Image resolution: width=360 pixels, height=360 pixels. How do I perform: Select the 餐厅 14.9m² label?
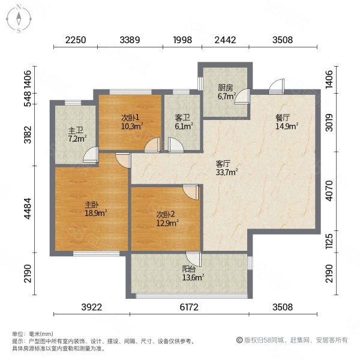tap(287, 122)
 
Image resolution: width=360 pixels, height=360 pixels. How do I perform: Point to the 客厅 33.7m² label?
tap(226, 168)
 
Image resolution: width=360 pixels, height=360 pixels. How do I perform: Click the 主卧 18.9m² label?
tap(96, 209)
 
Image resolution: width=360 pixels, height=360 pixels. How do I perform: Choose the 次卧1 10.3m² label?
tap(132, 122)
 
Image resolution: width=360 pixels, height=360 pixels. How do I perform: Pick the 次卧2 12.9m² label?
tap(167, 219)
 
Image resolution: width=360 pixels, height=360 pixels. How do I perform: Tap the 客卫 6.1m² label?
tap(184, 122)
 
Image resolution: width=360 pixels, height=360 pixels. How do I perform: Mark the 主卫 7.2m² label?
tap(77, 135)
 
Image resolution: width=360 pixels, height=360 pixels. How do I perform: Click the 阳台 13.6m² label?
tap(193, 273)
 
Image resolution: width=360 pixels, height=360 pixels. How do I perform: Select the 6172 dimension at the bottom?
tap(189, 307)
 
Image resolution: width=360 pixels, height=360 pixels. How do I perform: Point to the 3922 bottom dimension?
tap(92, 307)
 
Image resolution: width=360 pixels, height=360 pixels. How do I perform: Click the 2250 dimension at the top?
tap(76, 40)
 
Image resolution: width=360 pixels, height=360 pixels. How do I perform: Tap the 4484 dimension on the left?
tap(28, 208)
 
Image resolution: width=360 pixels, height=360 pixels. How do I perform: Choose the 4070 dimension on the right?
tap(329, 191)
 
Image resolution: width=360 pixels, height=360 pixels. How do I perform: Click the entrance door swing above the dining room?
tap(277, 86)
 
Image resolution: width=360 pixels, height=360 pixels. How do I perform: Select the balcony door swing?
tap(194, 259)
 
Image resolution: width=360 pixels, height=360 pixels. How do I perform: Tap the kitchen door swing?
tap(242, 97)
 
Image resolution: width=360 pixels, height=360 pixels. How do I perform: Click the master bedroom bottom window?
tap(97, 254)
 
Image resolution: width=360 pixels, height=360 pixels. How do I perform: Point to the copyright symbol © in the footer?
tap(239, 340)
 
